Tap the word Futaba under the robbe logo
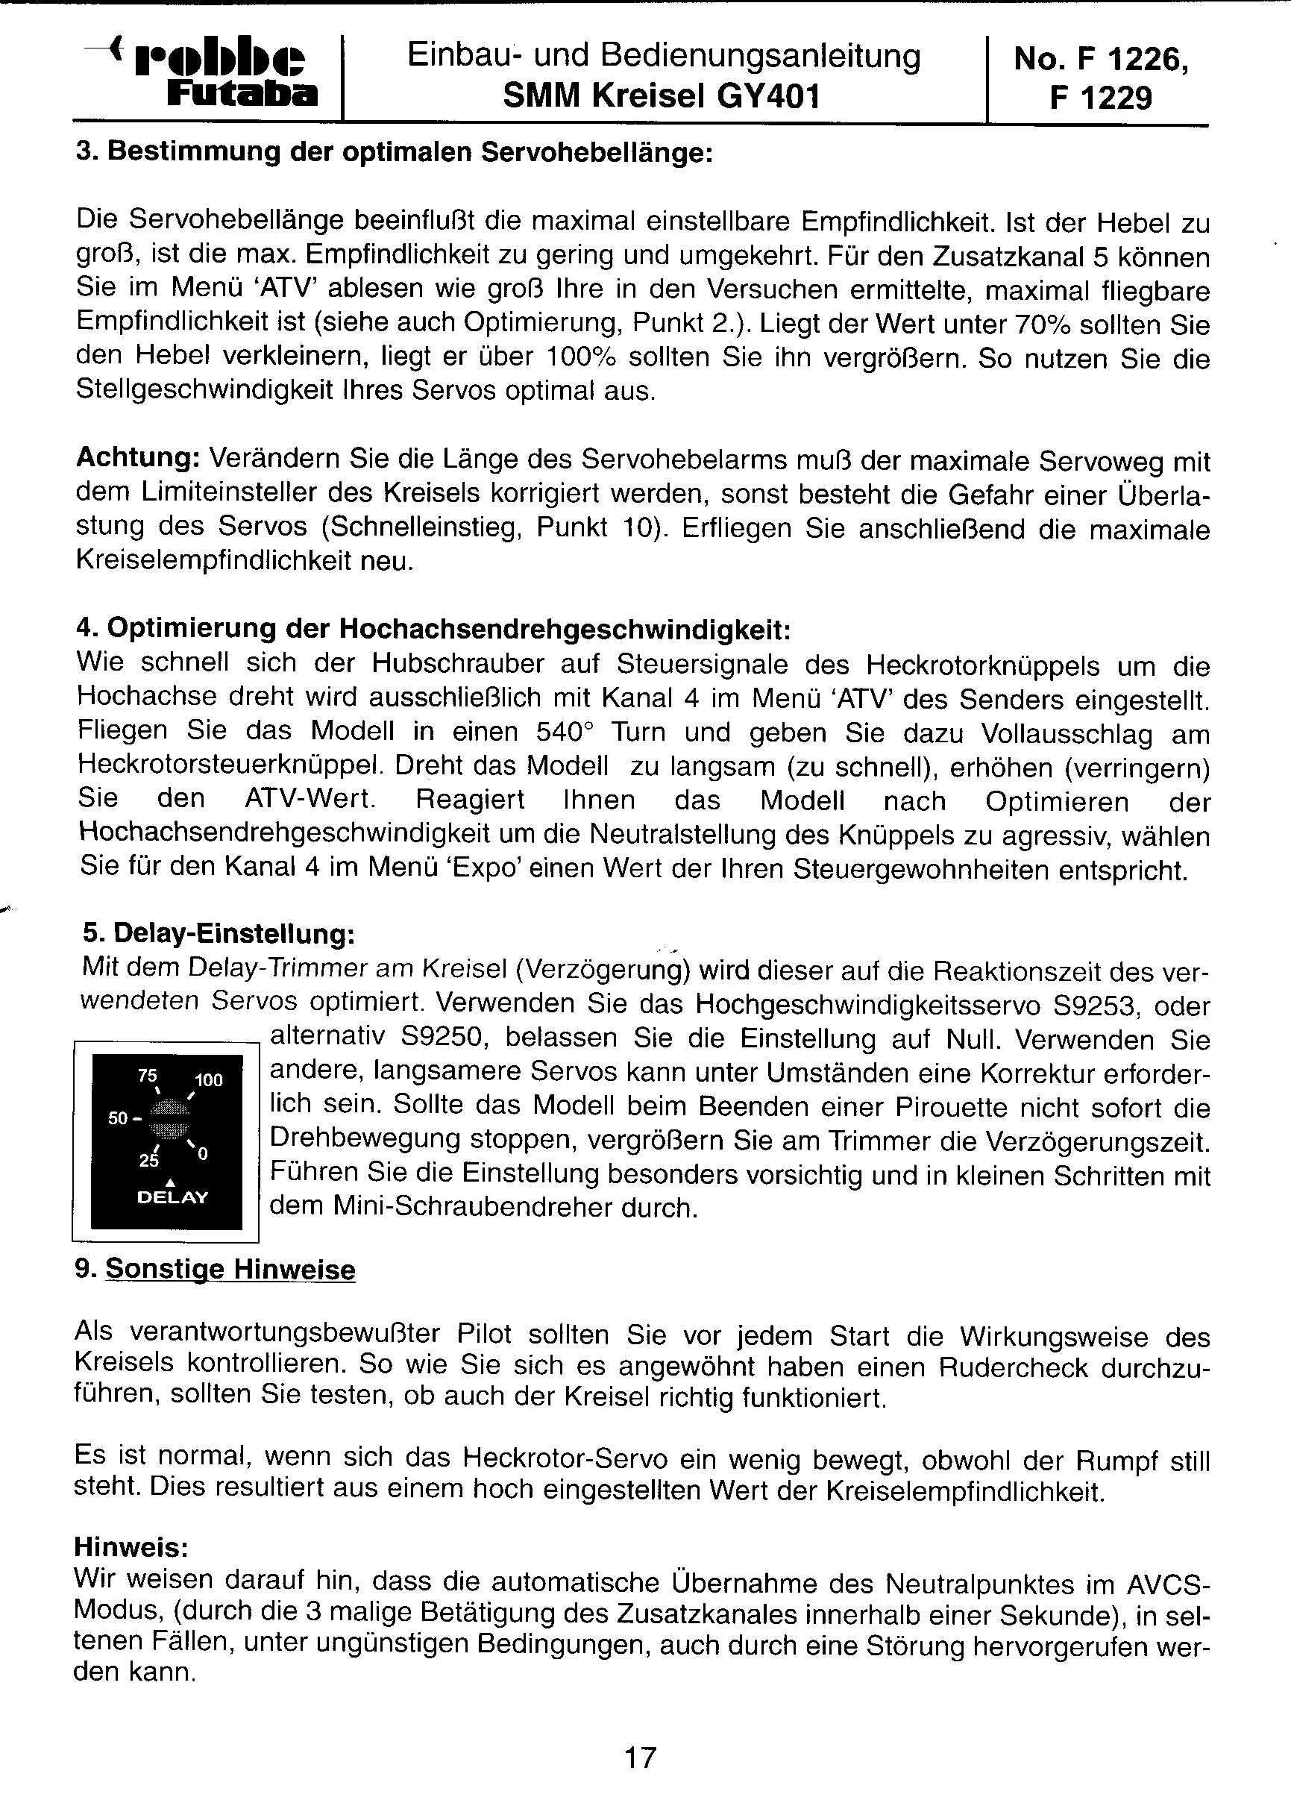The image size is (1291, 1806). [x=242, y=95]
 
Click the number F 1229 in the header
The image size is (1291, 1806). [x=1100, y=98]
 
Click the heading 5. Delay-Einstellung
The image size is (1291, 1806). [x=219, y=933]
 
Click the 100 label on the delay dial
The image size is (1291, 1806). [x=209, y=1080]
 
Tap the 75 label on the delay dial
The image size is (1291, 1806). [x=148, y=1076]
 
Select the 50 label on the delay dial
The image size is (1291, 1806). [x=119, y=1117]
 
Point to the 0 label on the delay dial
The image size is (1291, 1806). [x=203, y=1153]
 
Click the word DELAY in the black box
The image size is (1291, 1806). [x=172, y=1197]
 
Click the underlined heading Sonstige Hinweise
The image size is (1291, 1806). [x=230, y=1270]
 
